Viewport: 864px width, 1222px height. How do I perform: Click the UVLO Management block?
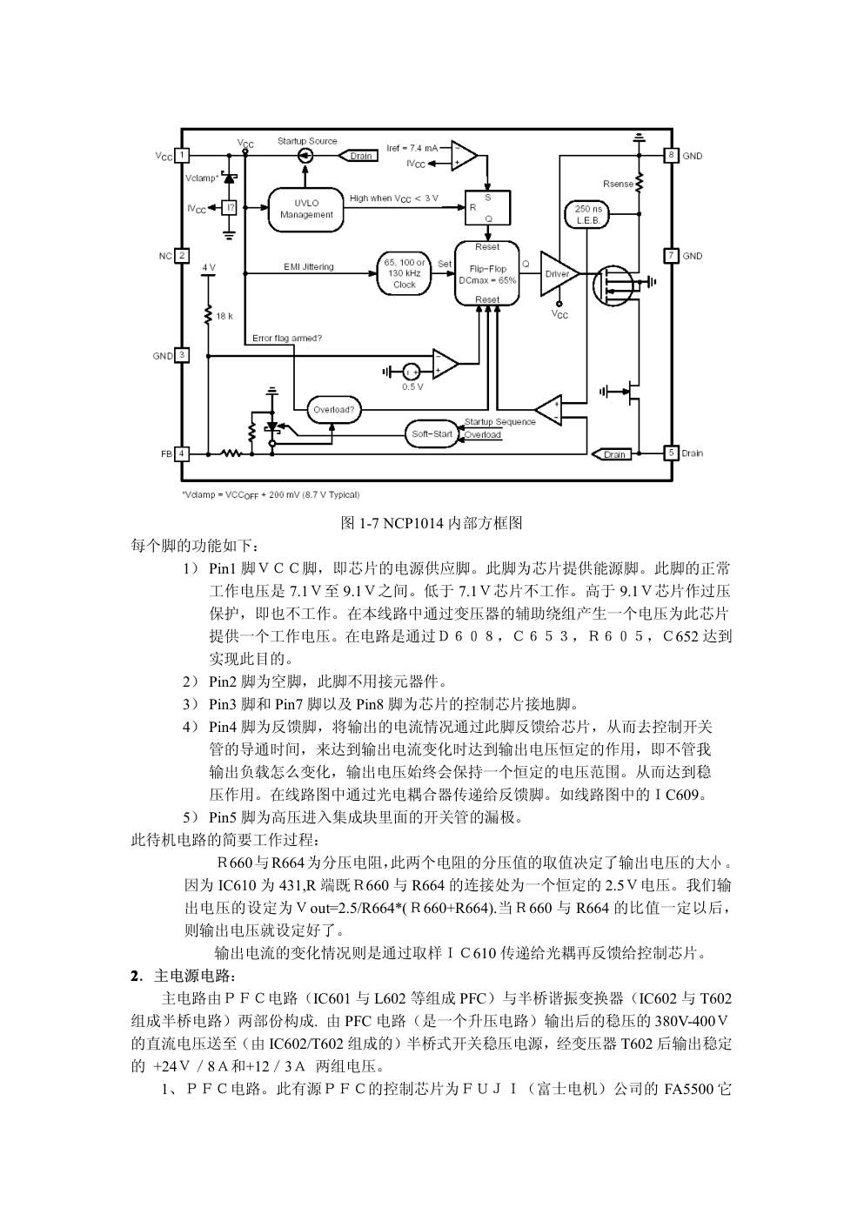pyautogui.click(x=306, y=209)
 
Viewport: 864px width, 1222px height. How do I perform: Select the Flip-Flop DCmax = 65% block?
pyautogui.click(x=487, y=274)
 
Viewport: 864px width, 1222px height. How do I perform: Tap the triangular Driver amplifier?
pyautogui.click(x=557, y=274)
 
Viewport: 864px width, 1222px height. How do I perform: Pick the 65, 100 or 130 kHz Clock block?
pyautogui.click(x=405, y=273)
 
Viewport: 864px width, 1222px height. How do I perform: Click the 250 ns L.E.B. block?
pyautogui.click(x=589, y=215)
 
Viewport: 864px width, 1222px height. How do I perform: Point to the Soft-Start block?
pyautogui.click(x=432, y=433)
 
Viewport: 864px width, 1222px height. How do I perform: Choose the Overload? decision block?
pyautogui.click(x=334, y=409)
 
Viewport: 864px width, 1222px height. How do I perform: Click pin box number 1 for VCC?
pyautogui.click(x=182, y=156)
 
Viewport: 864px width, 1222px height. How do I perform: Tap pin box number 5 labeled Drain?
pyautogui.click(x=671, y=453)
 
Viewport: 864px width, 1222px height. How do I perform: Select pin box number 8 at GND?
pyautogui.click(x=671, y=156)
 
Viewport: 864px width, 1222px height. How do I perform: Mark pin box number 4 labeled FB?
pyautogui.click(x=182, y=453)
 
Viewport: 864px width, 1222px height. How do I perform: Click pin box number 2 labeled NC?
pyautogui.click(x=182, y=256)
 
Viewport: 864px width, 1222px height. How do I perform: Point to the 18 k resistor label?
pyautogui.click(x=224, y=316)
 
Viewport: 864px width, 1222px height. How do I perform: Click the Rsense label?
pyautogui.click(x=618, y=184)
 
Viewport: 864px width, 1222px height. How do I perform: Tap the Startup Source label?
pyautogui.click(x=307, y=141)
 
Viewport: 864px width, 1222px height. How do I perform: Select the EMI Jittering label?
pyautogui.click(x=308, y=266)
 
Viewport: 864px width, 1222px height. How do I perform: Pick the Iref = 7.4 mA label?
pyautogui.click(x=412, y=148)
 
